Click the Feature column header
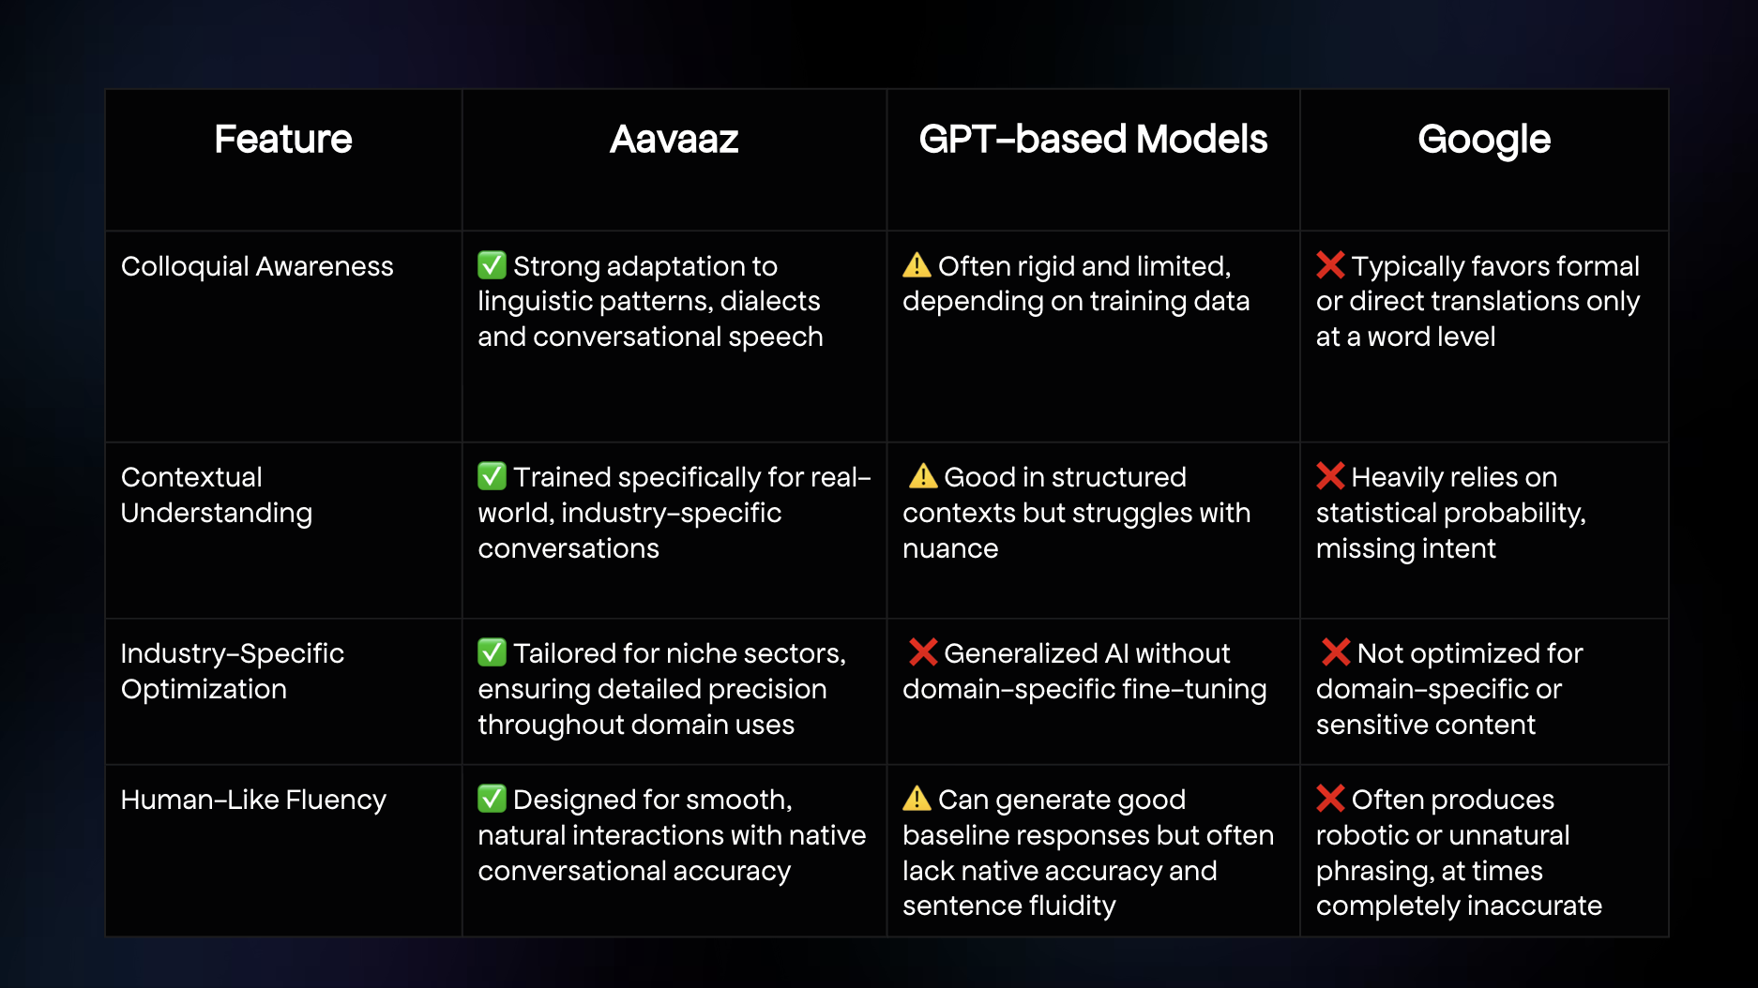point(283,139)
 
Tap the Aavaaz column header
point(674,139)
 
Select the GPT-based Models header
point(1093,139)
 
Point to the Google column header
point(1484,141)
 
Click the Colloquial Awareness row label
point(257,266)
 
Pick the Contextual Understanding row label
point(217,495)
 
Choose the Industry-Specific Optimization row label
point(233,671)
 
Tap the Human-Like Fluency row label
point(253,800)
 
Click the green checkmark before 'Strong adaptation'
point(492,265)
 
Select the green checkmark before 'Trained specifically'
point(492,476)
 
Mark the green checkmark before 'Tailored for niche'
point(492,652)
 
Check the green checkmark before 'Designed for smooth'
point(492,799)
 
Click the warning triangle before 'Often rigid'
point(917,265)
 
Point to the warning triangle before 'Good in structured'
point(923,476)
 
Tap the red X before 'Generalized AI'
point(923,652)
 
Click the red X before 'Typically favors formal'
point(1330,265)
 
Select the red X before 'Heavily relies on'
point(1330,476)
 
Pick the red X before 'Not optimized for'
point(1336,652)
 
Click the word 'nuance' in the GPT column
point(950,549)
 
